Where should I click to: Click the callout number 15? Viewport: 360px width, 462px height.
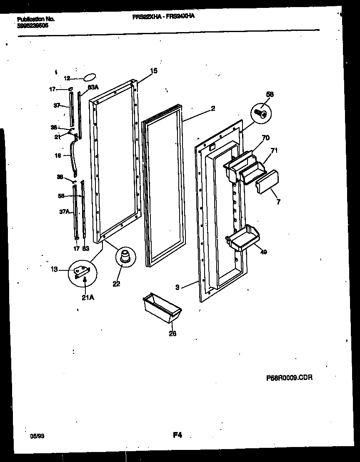(x=154, y=71)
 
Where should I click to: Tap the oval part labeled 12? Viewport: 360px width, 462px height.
(x=90, y=77)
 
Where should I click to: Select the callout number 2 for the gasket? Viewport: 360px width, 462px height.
(x=213, y=109)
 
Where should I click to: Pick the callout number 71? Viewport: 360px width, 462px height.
(x=274, y=150)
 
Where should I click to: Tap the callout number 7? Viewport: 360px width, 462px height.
(x=278, y=202)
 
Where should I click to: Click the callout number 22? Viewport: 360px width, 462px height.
(x=116, y=284)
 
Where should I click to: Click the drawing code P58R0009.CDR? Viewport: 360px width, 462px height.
(x=289, y=378)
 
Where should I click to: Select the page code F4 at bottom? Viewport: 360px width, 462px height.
(x=177, y=435)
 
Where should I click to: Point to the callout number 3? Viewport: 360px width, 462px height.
(x=177, y=287)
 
